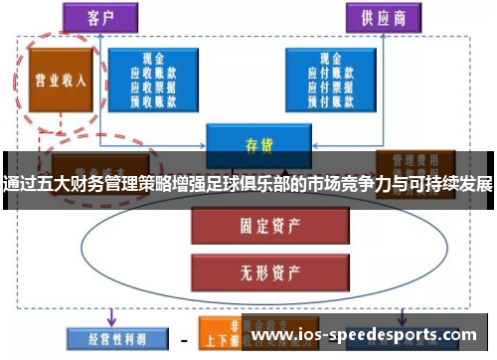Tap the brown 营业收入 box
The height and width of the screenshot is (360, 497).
[61, 80]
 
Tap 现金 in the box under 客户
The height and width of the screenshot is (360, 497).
[152, 59]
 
